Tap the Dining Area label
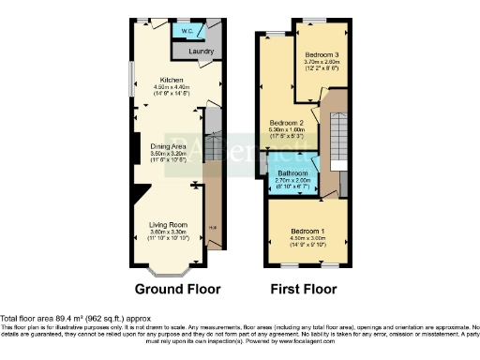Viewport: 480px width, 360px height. pyautogui.click(x=169, y=145)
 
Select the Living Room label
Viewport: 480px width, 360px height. pyautogui.click(x=169, y=224)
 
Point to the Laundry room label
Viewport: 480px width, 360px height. pyautogui.click(x=201, y=52)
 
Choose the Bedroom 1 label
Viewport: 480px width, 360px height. pyautogui.click(x=307, y=231)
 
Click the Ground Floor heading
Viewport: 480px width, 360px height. pyautogui.click(x=170, y=289)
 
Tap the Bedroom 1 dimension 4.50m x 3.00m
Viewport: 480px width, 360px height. pyautogui.click(x=307, y=238)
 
